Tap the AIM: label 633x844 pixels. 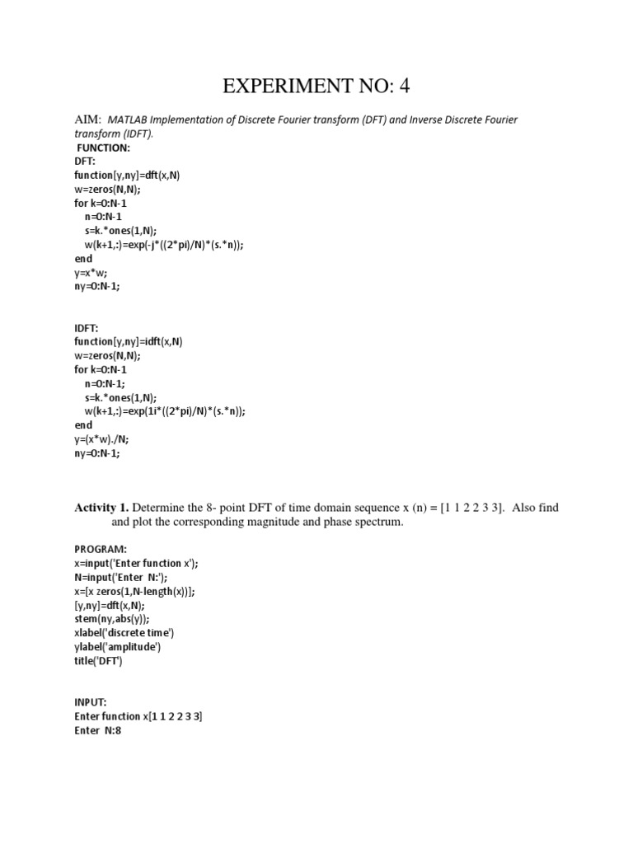(87, 120)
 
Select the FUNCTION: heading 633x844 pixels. (104, 148)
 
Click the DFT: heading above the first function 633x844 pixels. (86, 162)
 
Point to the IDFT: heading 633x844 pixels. (88, 328)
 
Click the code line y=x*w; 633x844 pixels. (91, 273)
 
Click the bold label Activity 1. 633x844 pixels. (101, 509)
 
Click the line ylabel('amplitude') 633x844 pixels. (117, 646)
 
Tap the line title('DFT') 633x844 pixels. (99, 660)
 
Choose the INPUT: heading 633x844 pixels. (91, 702)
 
